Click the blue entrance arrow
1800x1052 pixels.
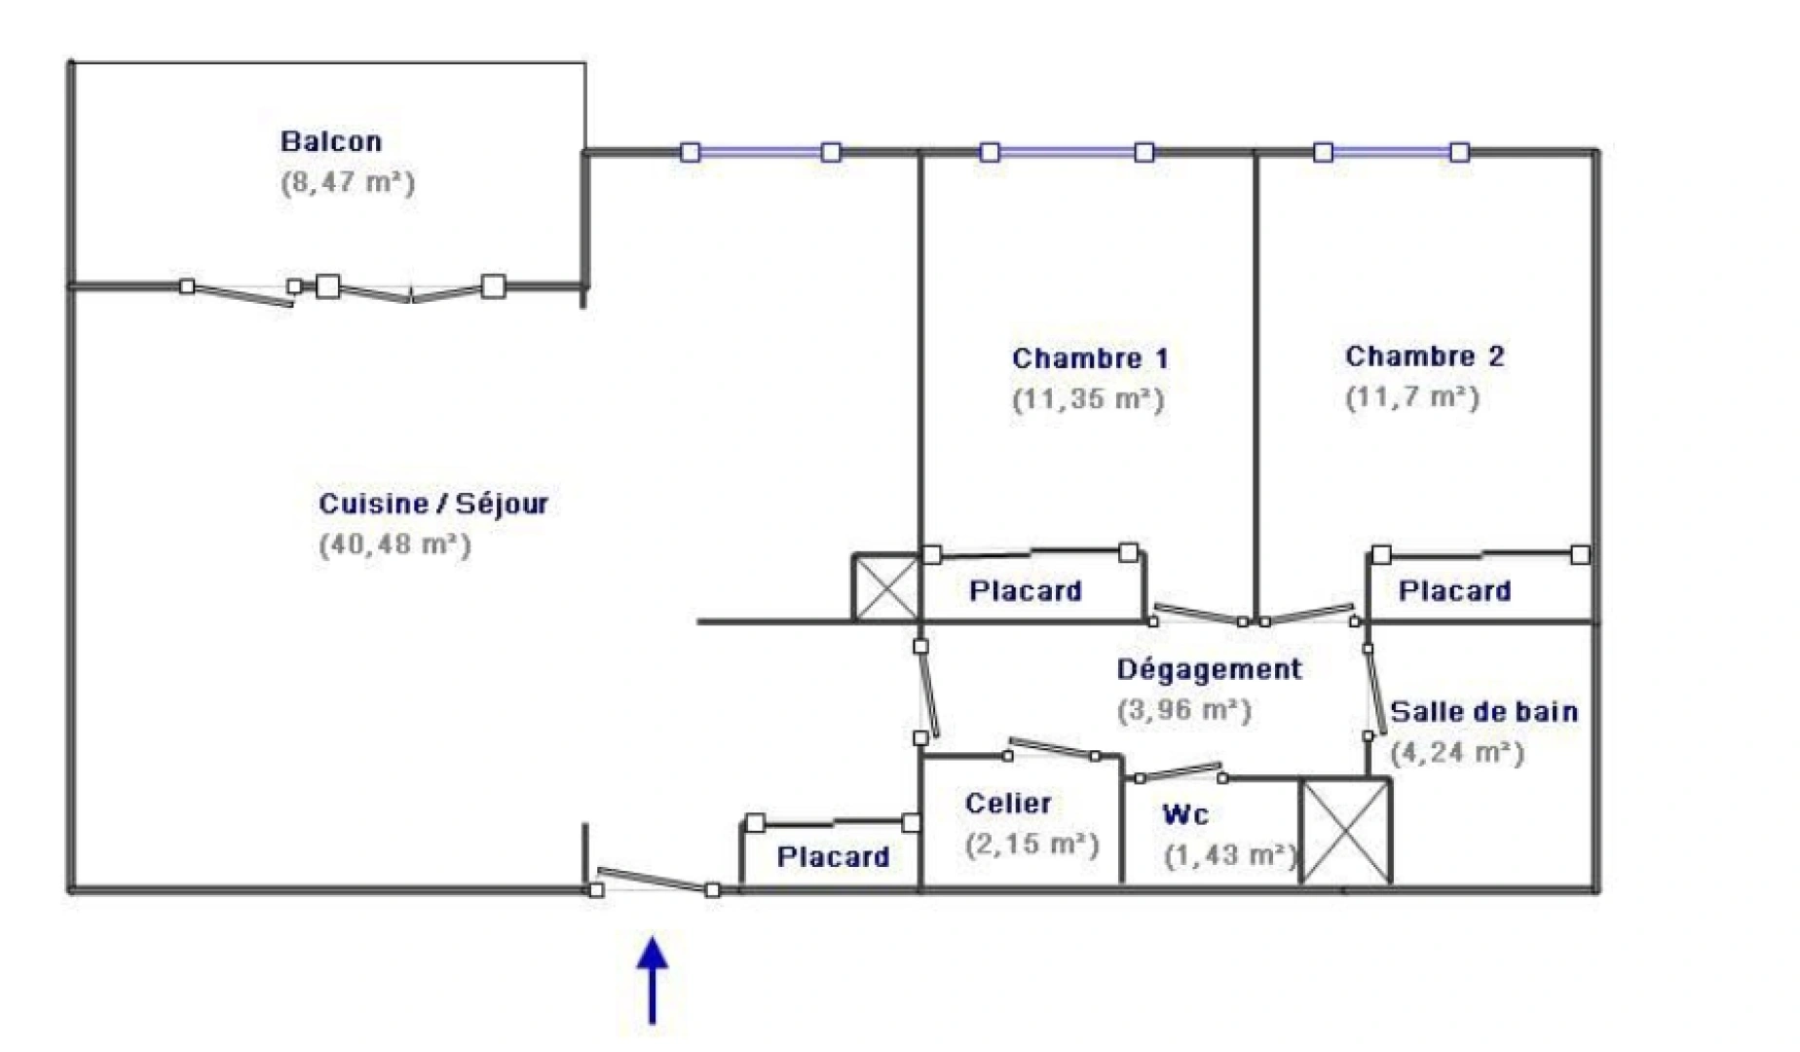pyautogui.click(x=653, y=980)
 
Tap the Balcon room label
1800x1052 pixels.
pyautogui.click(x=331, y=142)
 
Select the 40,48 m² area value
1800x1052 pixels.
pyautogui.click(x=394, y=545)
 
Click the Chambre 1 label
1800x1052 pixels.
pyautogui.click(x=1090, y=358)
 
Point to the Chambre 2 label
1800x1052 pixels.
pyautogui.click(x=1424, y=357)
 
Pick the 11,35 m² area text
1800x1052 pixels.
pyautogui.click(x=1088, y=399)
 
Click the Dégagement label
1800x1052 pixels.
pyautogui.click(x=1209, y=669)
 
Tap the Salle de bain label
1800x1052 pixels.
pyautogui.click(x=1483, y=712)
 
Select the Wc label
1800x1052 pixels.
pyautogui.click(x=1185, y=814)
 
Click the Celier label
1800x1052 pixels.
pyautogui.click(x=1008, y=804)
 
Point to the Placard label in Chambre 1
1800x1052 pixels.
pyautogui.click(x=1025, y=591)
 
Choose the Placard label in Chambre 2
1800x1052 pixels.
pyautogui.click(x=1454, y=591)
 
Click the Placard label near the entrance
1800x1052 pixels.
pyautogui.click(x=833, y=857)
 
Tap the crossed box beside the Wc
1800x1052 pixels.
pyautogui.click(x=1347, y=831)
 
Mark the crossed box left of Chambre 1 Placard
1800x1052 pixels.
pyautogui.click(x=885, y=588)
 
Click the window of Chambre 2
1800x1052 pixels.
pyautogui.click(x=1391, y=152)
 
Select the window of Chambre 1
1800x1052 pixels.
pyautogui.click(x=1067, y=152)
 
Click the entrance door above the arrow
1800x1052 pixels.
pyautogui.click(x=655, y=881)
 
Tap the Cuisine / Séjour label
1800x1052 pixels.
pyautogui.click(x=433, y=505)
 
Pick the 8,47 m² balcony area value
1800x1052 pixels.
pyautogui.click(x=348, y=183)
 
